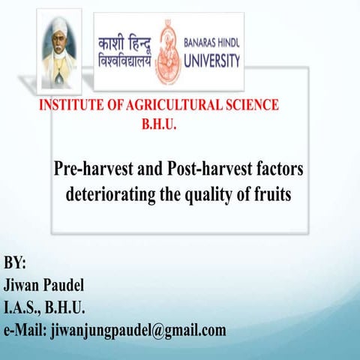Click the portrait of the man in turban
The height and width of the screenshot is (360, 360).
(x=61, y=49)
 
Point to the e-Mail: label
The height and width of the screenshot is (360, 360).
(x=26, y=329)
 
